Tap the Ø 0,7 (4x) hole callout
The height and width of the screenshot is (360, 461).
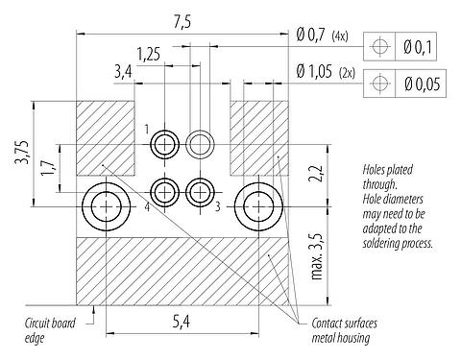[326, 37]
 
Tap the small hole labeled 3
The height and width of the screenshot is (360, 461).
[200, 192]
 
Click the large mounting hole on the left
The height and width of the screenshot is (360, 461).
[104, 204]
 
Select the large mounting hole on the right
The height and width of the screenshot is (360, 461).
[259, 204]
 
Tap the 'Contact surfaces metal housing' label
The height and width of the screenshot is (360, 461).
[341, 329]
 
